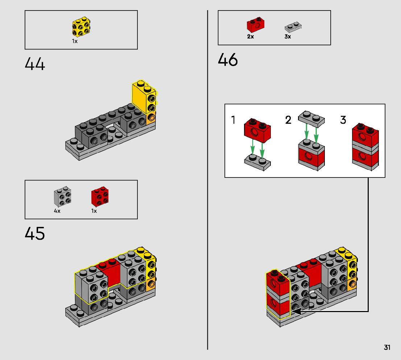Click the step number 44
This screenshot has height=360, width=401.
pos(35,65)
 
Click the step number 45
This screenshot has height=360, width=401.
pos(35,234)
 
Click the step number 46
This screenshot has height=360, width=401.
pos(228,60)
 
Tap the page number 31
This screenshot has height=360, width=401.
pos(387,348)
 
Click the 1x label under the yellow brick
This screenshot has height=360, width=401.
pos(75,41)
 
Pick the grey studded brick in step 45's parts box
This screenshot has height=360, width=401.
pos(62,198)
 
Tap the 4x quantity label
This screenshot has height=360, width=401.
pos(57,211)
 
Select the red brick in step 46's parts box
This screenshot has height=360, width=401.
pos(256,25)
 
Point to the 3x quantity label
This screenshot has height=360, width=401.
pos(288,37)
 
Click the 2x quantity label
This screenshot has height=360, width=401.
pos(251,37)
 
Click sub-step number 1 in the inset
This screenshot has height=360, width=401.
pos(233,120)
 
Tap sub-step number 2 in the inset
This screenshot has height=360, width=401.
pos(288,120)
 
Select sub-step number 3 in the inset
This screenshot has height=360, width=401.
pos(343,120)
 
